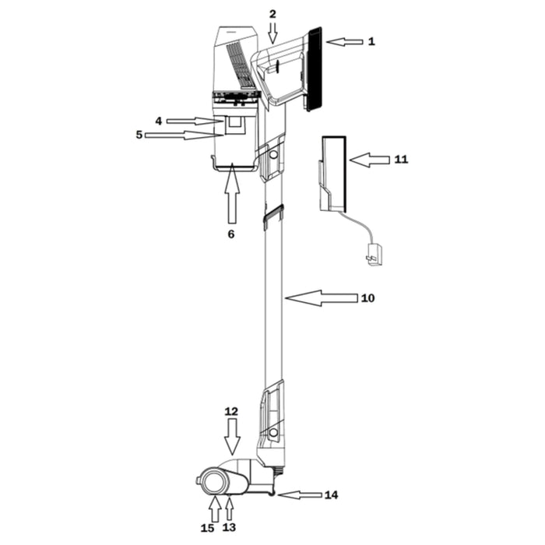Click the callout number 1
[x=371, y=42]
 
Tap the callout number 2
[x=272, y=14]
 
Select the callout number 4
[x=158, y=121]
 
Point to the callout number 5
[x=139, y=135]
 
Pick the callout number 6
[x=230, y=233]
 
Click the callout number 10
[x=368, y=298]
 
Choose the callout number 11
[x=401, y=160]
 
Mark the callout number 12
[x=231, y=410]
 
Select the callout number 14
[x=332, y=495]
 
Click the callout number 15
[x=207, y=528]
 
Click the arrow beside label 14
[x=299, y=495]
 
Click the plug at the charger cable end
[x=374, y=254]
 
